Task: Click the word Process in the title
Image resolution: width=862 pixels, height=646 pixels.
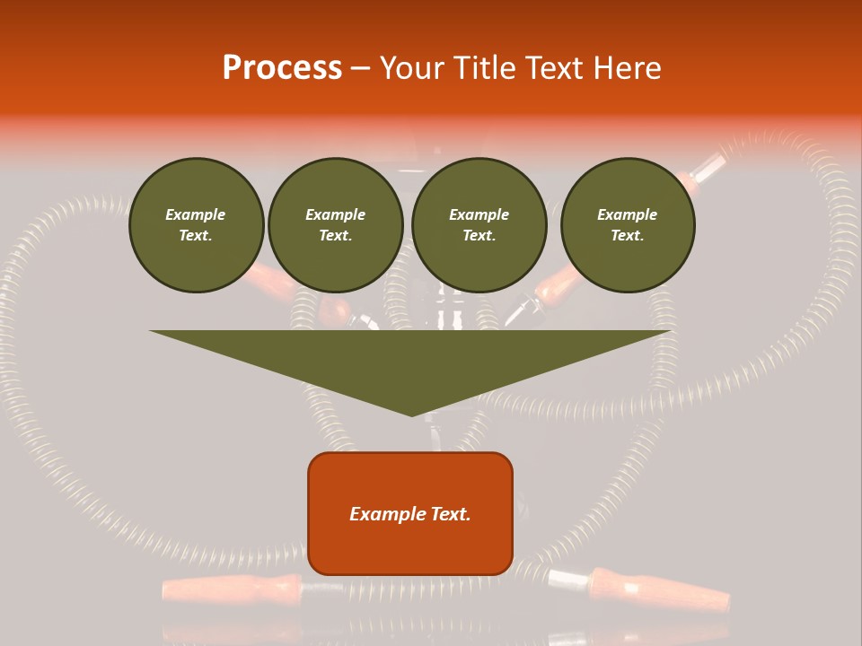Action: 282,68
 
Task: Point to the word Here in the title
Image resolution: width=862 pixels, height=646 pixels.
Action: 628,68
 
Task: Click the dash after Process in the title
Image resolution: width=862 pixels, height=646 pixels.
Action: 360,69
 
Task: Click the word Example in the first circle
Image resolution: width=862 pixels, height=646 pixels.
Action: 196,214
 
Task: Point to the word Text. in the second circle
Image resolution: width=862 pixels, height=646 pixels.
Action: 336,236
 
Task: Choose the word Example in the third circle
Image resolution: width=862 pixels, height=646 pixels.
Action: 479,214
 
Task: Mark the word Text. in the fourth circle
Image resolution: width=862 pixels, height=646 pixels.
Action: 628,236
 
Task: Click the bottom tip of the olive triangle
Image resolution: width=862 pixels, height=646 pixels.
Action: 411,414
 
